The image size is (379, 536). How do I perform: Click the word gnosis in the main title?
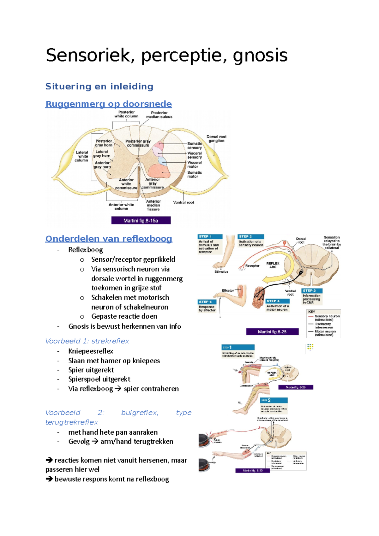(260, 56)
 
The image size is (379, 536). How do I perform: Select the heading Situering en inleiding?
(99, 86)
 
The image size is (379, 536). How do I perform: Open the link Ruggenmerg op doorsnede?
(108, 104)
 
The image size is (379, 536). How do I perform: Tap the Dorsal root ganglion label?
(216, 139)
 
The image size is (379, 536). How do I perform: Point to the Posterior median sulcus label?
(159, 115)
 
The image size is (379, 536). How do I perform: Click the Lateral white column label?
(82, 156)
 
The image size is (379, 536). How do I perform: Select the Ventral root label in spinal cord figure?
(183, 202)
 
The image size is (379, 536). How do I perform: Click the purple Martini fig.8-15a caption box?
(141, 221)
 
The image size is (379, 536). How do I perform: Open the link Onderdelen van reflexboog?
(109, 239)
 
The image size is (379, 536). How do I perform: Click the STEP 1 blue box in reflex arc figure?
(210, 236)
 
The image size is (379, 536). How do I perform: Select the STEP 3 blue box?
(311, 290)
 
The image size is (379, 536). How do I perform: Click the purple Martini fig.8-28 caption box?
(272, 332)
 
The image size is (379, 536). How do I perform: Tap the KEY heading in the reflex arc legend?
(311, 312)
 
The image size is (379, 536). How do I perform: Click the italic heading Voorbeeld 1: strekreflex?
(87, 341)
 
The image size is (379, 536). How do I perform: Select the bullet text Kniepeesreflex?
(91, 351)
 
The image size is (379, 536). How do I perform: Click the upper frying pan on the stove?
(206, 440)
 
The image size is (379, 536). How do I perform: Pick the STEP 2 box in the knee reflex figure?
(274, 400)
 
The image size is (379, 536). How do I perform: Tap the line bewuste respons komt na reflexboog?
(111, 479)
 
